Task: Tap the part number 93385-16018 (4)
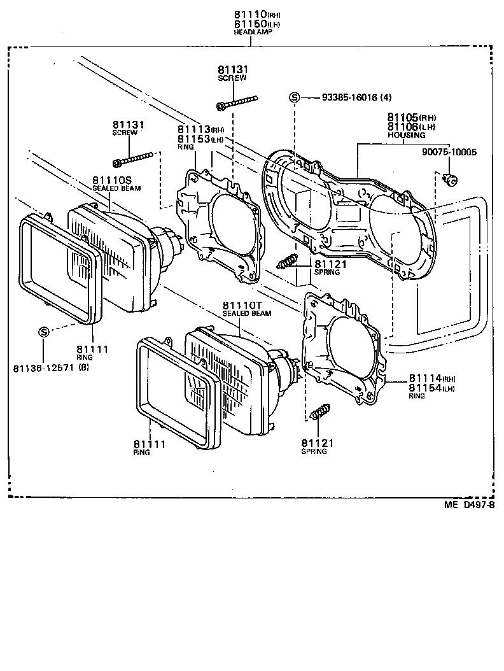[x=356, y=97]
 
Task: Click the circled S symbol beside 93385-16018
[x=295, y=97]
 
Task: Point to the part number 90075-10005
[x=449, y=152]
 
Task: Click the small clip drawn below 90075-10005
[x=451, y=180]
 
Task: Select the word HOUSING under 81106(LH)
[x=406, y=136]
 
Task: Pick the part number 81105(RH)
[x=411, y=118]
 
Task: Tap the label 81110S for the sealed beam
[x=112, y=180]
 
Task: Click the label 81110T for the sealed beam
[x=242, y=306]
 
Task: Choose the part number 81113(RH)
[x=201, y=129]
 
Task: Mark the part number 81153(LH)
[x=201, y=139]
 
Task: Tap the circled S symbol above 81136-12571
[x=44, y=332]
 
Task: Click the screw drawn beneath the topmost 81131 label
[x=237, y=102]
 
